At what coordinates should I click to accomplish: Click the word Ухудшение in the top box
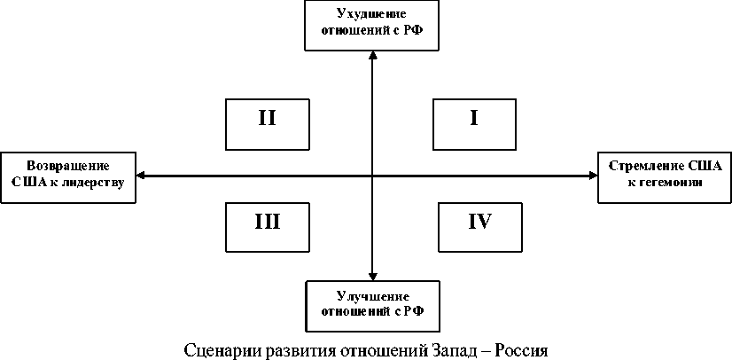pyautogui.click(x=372, y=13)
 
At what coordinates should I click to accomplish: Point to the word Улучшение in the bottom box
pyautogui.click(x=372, y=295)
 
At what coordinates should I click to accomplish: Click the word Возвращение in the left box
pyautogui.click(x=68, y=166)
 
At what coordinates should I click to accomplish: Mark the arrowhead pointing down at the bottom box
pyautogui.click(x=372, y=275)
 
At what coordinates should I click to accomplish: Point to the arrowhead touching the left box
pyautogui.click(x=142, y=176)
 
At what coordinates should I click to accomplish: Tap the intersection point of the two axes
pyautogui.click(x=372, y=176)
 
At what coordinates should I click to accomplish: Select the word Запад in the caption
pyautogui.click(x=449, y=348)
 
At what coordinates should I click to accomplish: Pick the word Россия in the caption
pyautogui.click(x=522, y=348)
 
